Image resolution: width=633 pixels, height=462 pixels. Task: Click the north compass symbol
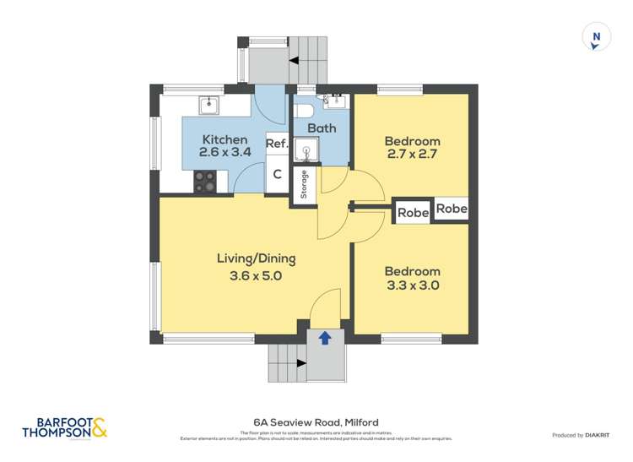pyautogui.click(x=597, y=36)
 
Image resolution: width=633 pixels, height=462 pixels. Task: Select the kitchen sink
pyautogui.click(x=209, y=105)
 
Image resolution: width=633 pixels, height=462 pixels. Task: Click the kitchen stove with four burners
pyautogui.click(x=206, y=180)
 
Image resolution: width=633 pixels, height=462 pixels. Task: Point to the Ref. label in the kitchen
pyautogui.click(x=278, y=144)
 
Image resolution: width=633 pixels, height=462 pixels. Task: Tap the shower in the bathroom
pyautogui.click(x=303, y=152)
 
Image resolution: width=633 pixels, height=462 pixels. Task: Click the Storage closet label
pyautogui.click(x=304, y=186)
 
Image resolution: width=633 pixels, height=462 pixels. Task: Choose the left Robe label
pyautogui.click(x=414, y=213)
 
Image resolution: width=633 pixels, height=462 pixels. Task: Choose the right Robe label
pyautogui.click(x=451, y=209)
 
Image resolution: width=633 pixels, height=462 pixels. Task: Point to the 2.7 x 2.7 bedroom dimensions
pyautogui.click(x=412, y=155)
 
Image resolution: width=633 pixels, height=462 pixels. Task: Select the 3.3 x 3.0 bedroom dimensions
pyautogui.click(x=412, y=285)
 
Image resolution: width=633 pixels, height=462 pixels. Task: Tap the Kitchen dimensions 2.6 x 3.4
pyautogui.click(x=225, y=153)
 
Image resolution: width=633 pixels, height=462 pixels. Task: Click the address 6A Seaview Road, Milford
pyautogui.click(x=316, y=421)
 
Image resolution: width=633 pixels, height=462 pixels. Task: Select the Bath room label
pyautogui.click(x=322, y=128)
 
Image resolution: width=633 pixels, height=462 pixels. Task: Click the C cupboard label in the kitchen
pyautogui.click(x=277, y=175)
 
